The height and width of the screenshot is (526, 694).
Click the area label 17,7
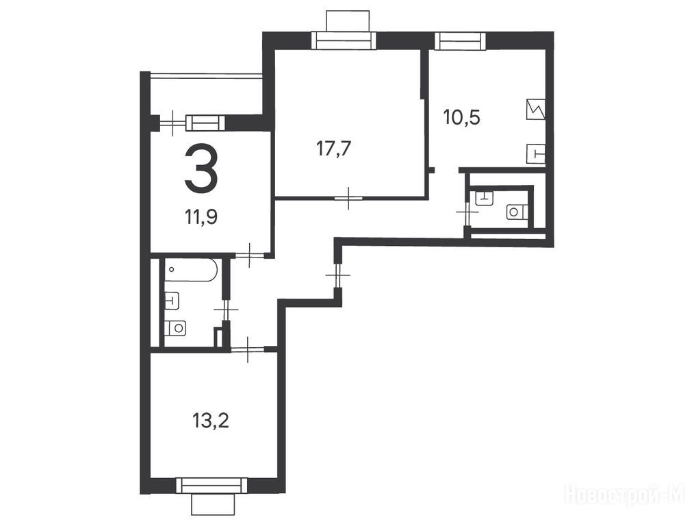coord(334,149)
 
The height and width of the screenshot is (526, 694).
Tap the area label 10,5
coord(461,118)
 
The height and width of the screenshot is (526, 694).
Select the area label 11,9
coord(201,217)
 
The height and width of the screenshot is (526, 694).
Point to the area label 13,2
coord(210,421)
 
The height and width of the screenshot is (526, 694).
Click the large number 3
coord(201,169)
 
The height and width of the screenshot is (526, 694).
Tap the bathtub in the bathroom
coord(191,271)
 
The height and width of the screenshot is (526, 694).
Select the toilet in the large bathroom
coord(175,328)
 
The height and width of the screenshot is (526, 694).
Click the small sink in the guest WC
coord(483,196)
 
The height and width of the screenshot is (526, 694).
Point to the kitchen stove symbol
coord(536,108)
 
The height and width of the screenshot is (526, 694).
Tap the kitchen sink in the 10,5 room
coord(536,154)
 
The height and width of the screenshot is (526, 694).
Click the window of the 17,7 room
coord(344,40)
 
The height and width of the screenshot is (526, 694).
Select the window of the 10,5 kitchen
coord(461,40)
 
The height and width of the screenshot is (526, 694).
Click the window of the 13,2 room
coord(211,486)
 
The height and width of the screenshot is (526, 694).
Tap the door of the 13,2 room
coord(248,349)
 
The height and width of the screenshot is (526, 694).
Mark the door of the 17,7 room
coord(349,198)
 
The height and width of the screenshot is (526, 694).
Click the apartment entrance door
coord(337,275)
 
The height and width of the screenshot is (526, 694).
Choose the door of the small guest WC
coord(467,212)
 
